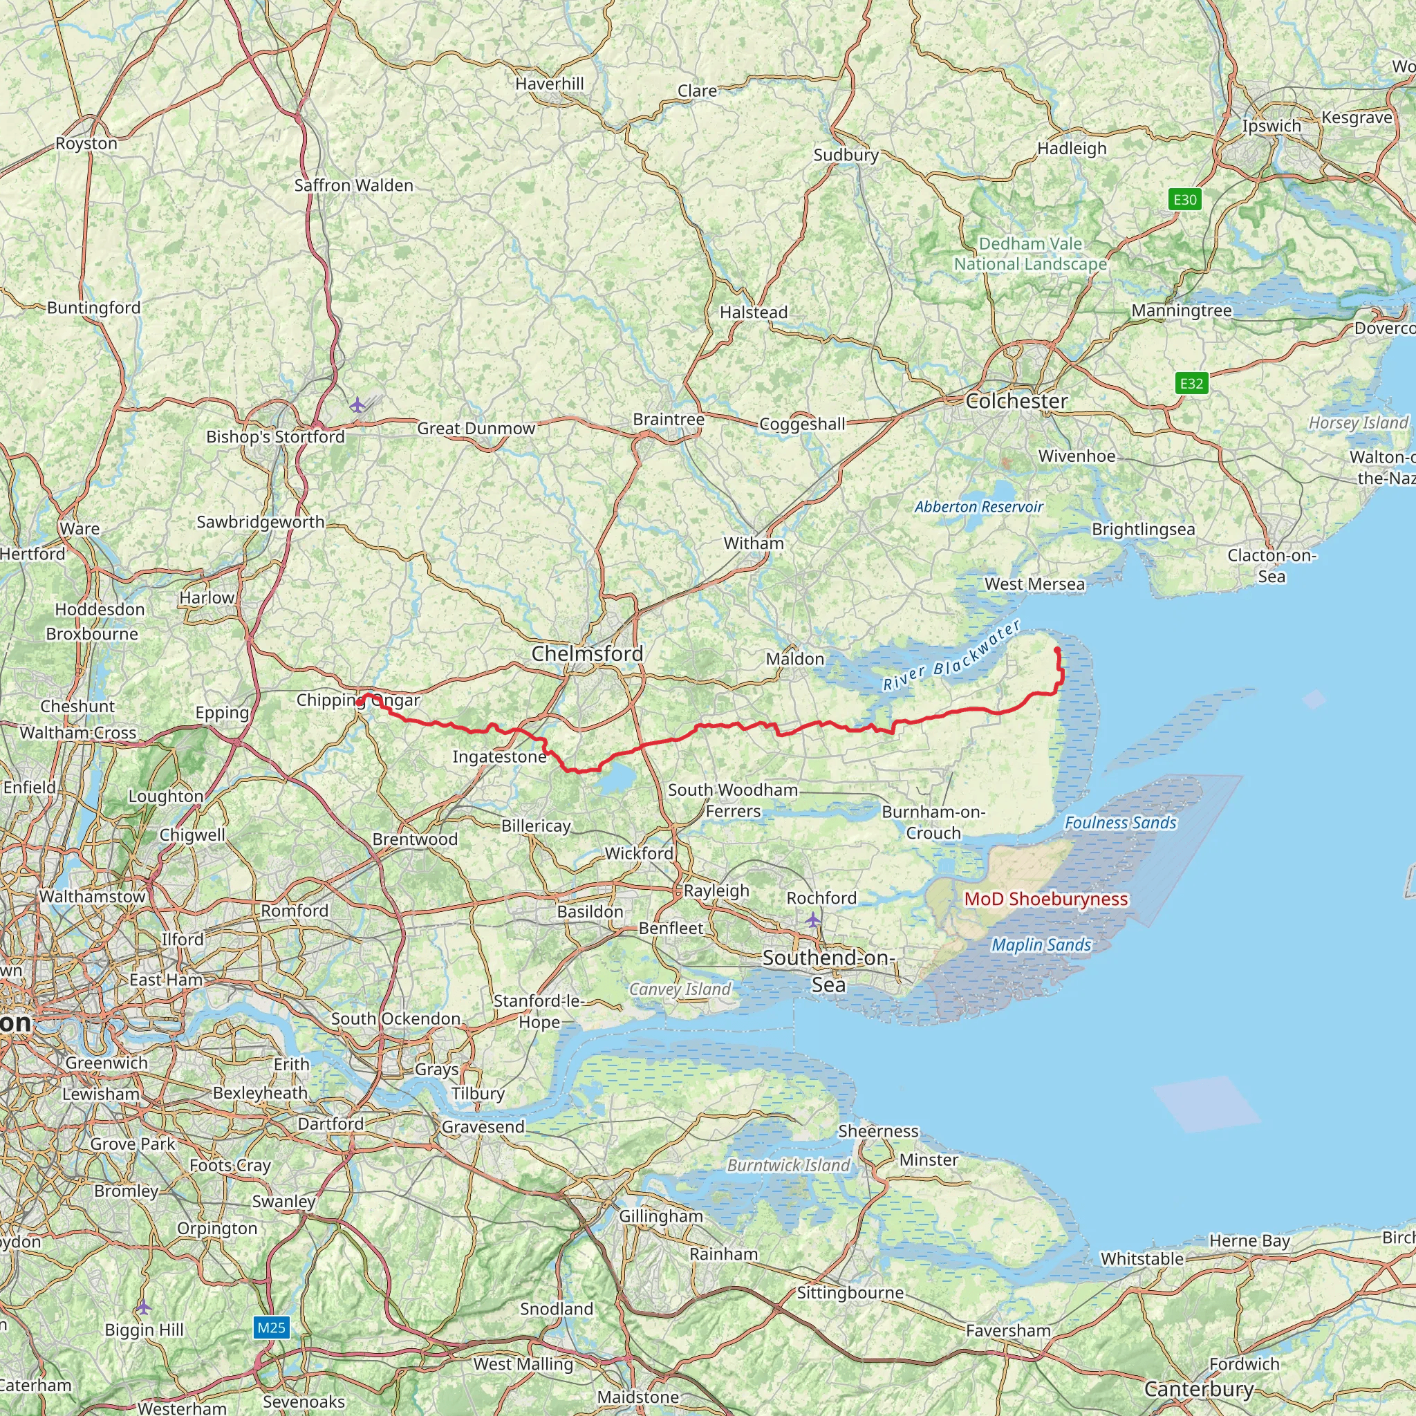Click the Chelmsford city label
click(x=587, y=654)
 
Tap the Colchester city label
click(x=1016, y=401)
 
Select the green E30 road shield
click(x=1184, y=199)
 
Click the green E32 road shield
click(x=1191, y=382)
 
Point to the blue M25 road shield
click(x=271, y=1327)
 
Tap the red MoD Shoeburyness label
click(x=1046, y=900)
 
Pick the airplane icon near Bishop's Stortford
click(x=357, y=404)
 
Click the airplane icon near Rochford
click(x=813, y=919)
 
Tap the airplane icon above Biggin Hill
click(x=144, y=1307)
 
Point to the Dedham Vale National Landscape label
click(x=1030, y=254)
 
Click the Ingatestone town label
click(x=499, y=756)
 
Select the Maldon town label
click(x=794, y=659)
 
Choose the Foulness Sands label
click(x=1120, y=823)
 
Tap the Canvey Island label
click(x=680, y=989)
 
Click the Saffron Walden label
click(x=353, y=185)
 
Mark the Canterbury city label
click(x=1198, y=1389)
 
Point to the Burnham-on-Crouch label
click(x=933, y=822)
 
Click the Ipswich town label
click(x=1271, y=125)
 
